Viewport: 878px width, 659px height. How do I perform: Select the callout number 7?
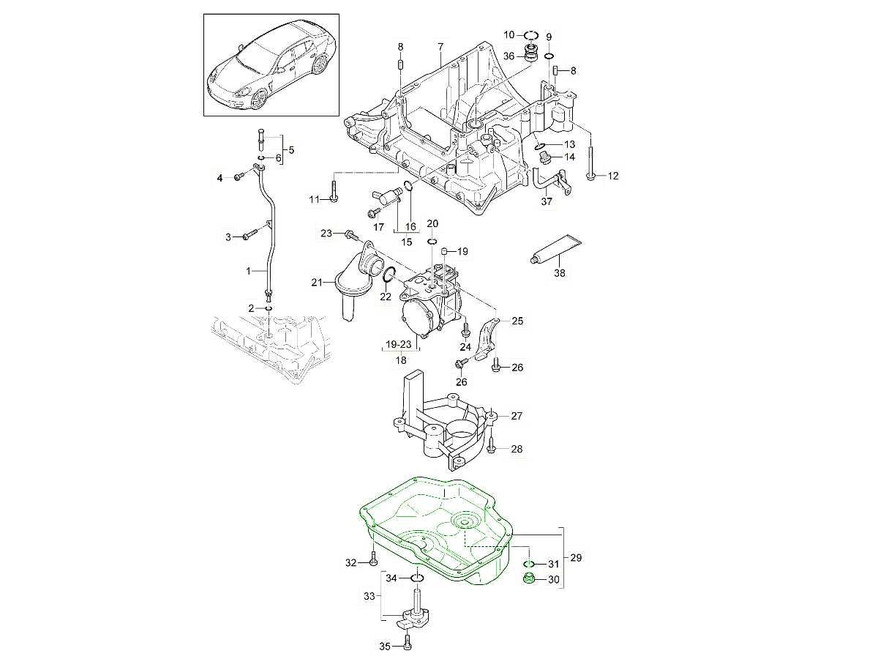[440, 47]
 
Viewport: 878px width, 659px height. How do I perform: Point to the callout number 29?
[576, 558]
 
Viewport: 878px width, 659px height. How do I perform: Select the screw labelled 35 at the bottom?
[408, 644]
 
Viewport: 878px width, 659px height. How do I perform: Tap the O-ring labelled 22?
[389, 275]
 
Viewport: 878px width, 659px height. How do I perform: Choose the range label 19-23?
[400, 343]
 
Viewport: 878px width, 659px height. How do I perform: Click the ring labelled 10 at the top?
[532, 34]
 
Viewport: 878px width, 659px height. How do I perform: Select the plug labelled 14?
[544, 156]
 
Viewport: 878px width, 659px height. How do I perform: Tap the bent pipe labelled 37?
[547, 180]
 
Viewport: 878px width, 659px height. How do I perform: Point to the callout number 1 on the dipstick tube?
[249, 271]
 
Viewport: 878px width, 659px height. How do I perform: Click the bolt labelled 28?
[492, 444]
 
